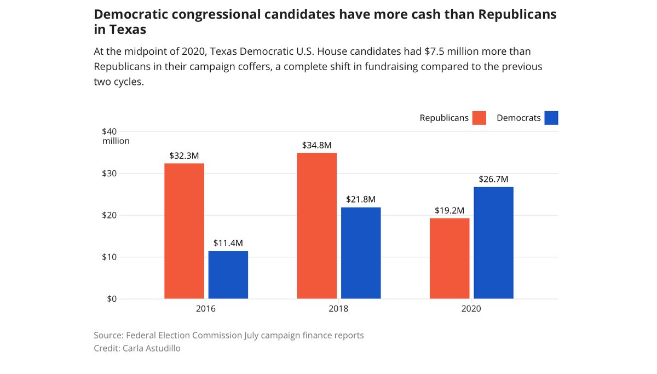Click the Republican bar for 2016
point(184,231)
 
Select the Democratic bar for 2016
point(228,275)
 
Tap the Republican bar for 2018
point(317,226)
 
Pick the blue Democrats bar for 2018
point(361,253)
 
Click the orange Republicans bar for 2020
point(449,258)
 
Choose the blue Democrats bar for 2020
point(493,243)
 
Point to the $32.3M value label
point(184,156)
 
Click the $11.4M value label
point(228,243)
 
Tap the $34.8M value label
point(317,145)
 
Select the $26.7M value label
point(493,179)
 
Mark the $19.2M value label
point(449,210)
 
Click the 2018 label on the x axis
point(338,309)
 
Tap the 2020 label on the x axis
point(471,309)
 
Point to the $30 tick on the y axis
point(109,174)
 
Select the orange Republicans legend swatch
point(480,118)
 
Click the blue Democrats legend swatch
point(551,118)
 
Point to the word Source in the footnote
point(108,335)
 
